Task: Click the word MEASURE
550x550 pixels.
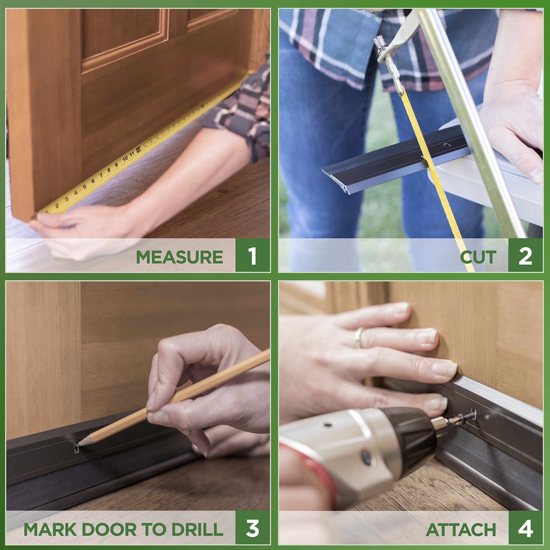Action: tap(180, 257)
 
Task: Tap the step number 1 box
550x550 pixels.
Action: tap(252, 255)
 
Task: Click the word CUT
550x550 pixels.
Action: tap(478, 257)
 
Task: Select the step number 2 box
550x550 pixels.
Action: tap(525, 255)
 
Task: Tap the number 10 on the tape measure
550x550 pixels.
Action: tap(125, 158)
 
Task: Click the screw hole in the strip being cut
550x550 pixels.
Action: tap(445, 146)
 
